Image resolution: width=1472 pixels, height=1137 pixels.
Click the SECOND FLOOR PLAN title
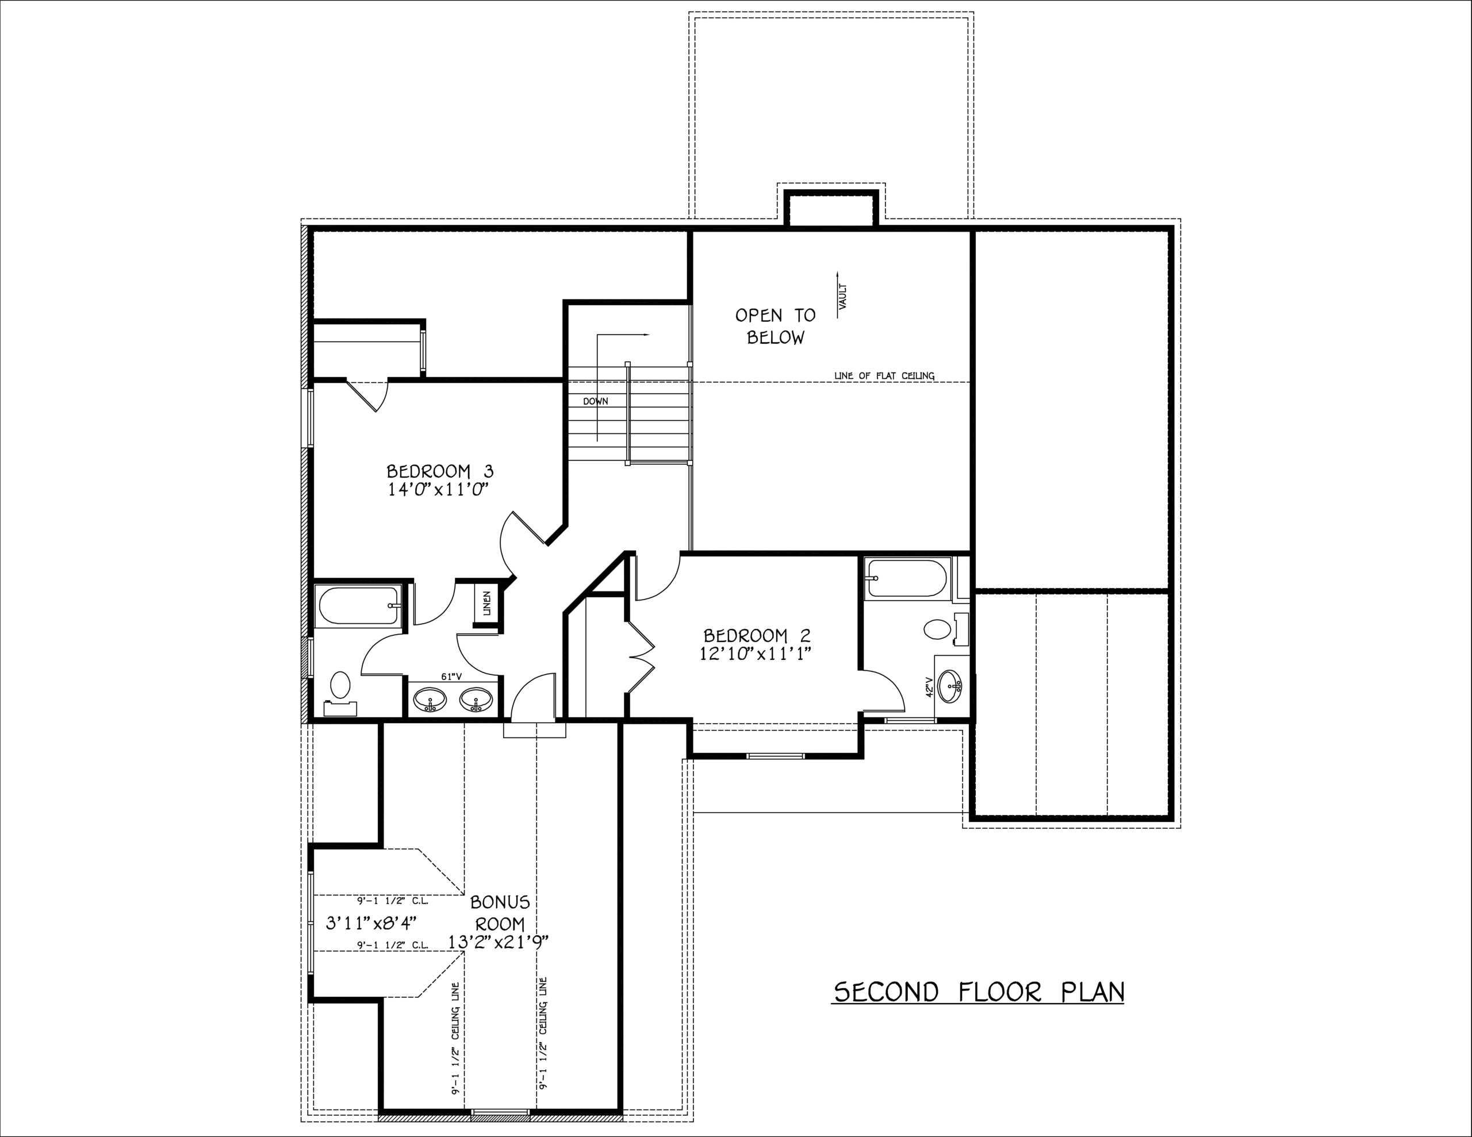coord(979,992)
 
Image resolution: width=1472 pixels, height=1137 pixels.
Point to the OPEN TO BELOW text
coord(775,326)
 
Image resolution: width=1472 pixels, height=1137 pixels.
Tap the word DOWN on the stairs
coord(596,402)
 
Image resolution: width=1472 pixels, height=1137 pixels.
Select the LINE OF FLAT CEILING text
coord(884,375)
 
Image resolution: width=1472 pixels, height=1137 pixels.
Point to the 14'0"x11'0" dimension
coord(437,490)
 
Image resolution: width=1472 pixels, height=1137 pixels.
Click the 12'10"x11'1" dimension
coord(757,654)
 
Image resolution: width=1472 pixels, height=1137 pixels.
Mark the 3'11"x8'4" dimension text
coord(371,923)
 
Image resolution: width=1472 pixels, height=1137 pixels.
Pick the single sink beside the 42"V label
coord(951,686)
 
